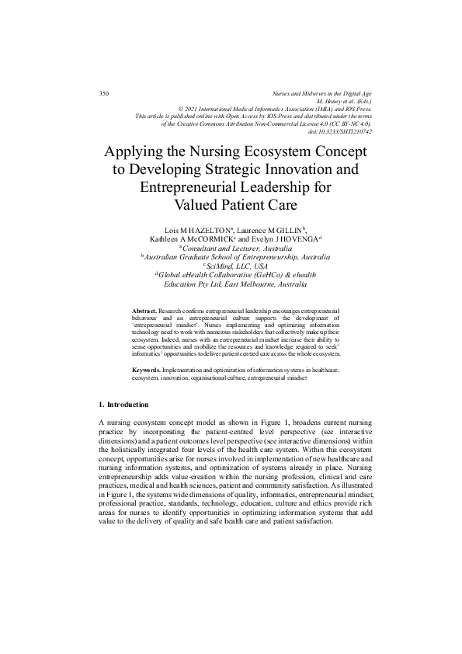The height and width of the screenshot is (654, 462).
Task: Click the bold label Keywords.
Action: (x=147, y=370)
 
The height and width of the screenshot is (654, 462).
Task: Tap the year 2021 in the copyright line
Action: (x=193, y=109)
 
